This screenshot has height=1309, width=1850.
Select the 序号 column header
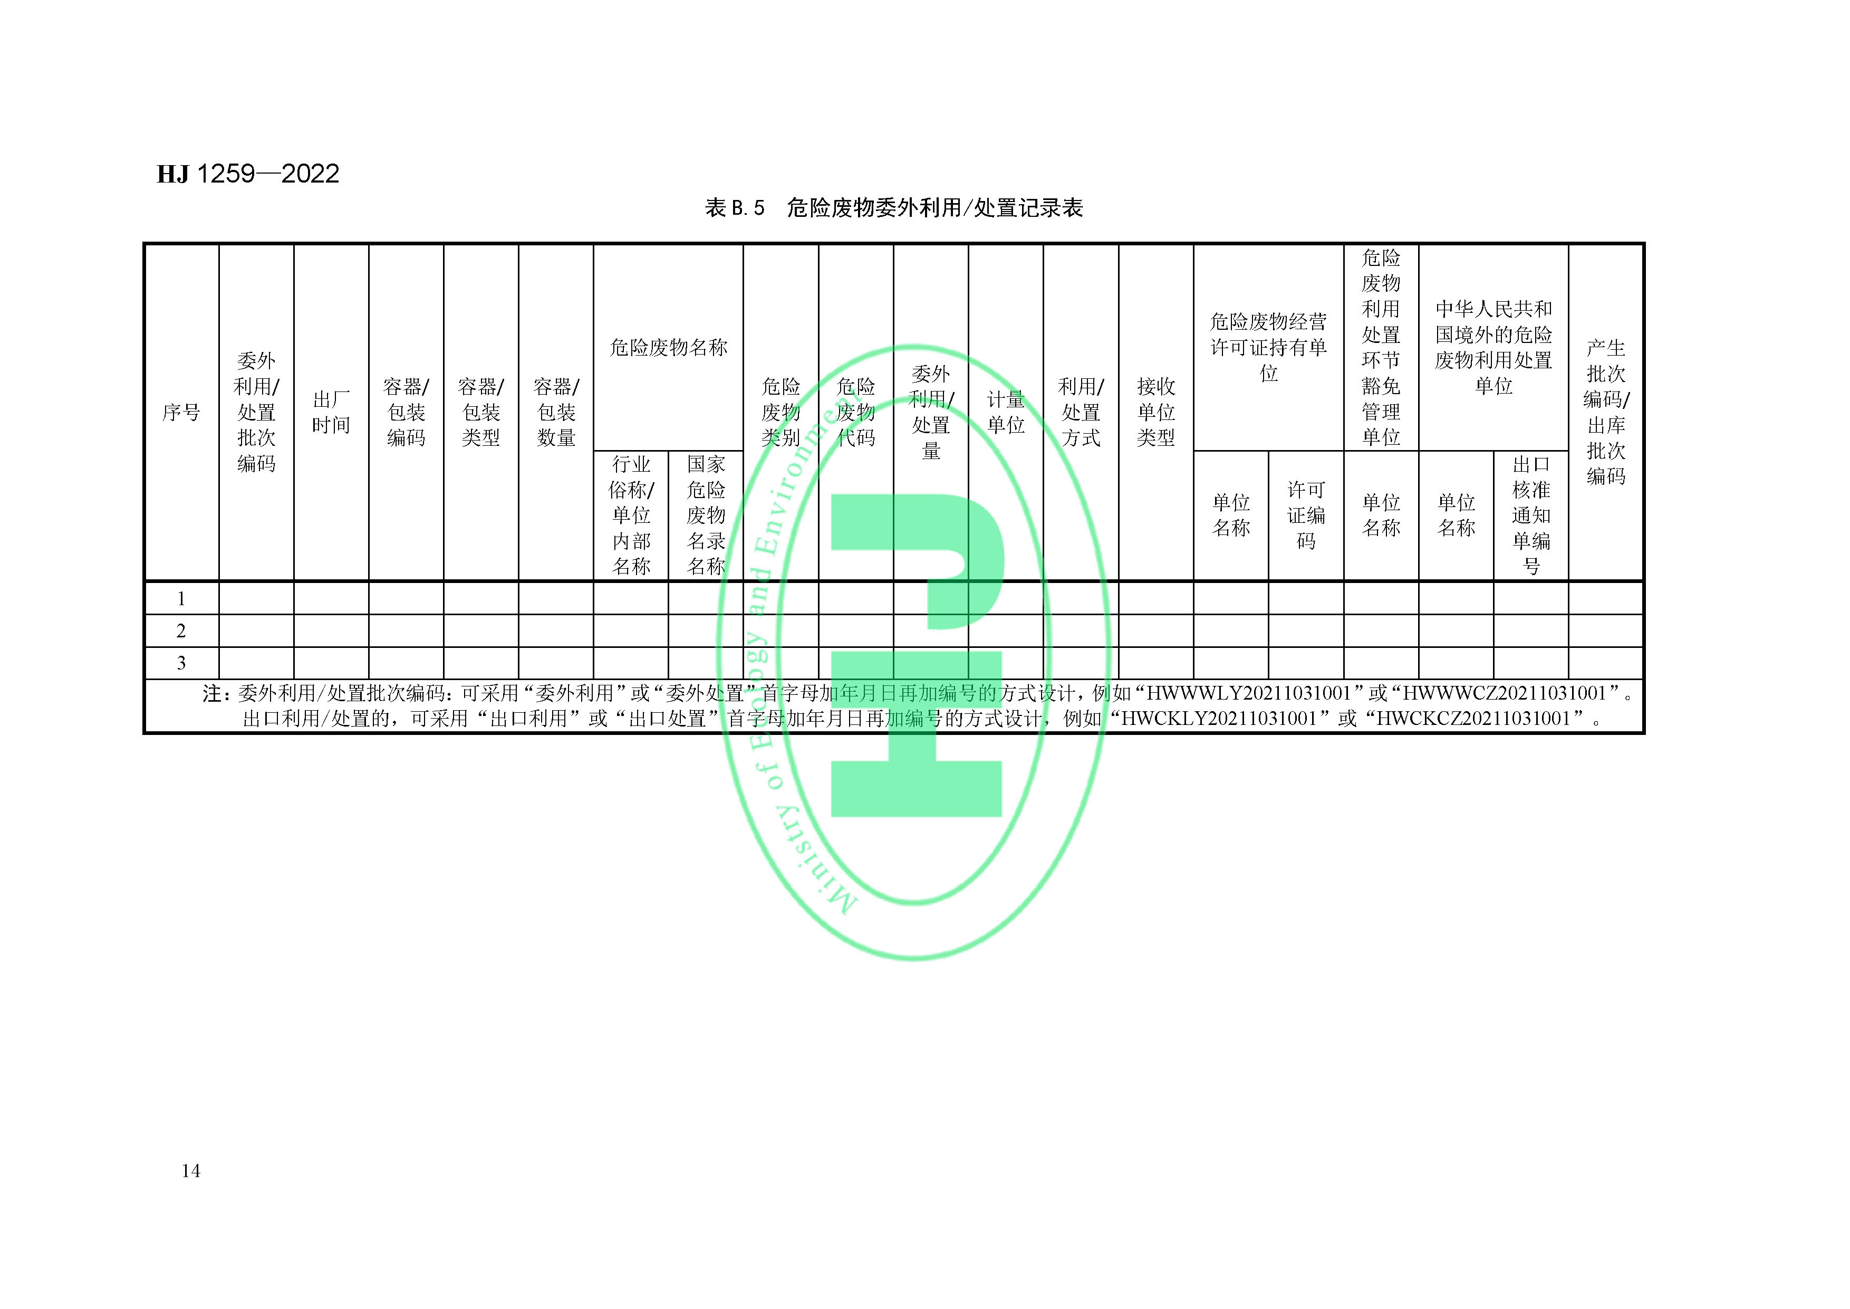[x=181, y=413]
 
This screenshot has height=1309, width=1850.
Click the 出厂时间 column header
[x=331, y=413]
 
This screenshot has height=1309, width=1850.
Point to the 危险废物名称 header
[x=668, y=347]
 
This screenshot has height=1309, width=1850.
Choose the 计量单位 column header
[x=1006, y=413]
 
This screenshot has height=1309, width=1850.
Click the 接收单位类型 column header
[x=1155, y=413]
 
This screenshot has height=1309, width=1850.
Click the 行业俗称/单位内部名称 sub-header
[x=631, y=515]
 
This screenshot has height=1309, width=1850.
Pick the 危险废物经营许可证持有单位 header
[x=1268, y=347]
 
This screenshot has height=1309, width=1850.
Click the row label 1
[x=181, y=599]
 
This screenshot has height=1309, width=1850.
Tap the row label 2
[x=181, y=631]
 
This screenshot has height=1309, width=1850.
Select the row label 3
[x=181, y=663]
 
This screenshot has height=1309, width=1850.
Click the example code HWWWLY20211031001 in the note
[x=1248, y=693]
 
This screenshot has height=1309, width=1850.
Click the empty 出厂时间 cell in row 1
[x=331, y=599]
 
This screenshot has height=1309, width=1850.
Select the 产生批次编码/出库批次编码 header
[x=1605, y=413]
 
